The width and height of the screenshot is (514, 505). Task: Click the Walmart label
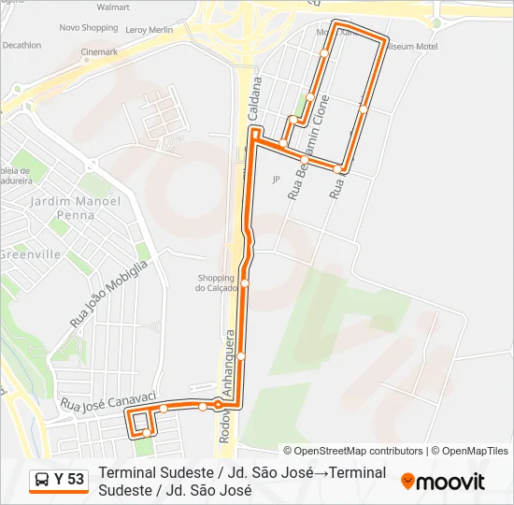coord(112,7)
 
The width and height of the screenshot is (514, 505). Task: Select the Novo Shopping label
coord(89,28)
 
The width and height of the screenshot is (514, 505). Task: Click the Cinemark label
coord(99,52)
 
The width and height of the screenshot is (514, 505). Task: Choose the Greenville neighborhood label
coord(31,254)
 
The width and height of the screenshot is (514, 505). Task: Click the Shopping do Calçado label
coord(216,282)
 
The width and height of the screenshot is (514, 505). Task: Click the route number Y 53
coord(68,480)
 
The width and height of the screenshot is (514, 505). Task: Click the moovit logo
coord(443,482)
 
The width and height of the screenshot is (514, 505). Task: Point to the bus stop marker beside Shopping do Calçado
coord(245,282)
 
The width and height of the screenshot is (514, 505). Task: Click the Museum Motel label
coord(413,46)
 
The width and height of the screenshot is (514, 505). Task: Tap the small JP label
coord(276,179)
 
